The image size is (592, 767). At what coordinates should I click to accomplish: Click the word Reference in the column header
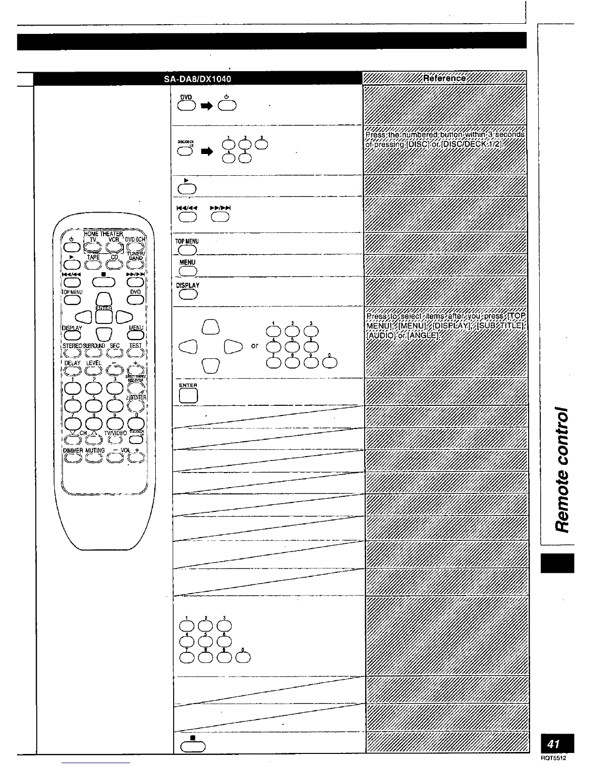[444, 78]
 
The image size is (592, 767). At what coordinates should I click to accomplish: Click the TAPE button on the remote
[94, 264]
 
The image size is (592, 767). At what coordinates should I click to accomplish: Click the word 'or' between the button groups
[255, 346]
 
